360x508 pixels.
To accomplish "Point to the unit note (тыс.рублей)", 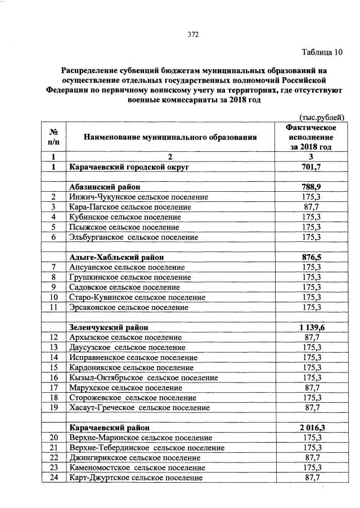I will (319, 117).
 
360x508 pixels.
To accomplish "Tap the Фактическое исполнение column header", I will (311, 137).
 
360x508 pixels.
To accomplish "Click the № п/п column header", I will (54, 137).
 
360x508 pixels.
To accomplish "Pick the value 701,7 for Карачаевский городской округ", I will (311, 167).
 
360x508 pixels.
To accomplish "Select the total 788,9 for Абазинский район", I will (311, 187).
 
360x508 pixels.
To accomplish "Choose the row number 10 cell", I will (54, 297).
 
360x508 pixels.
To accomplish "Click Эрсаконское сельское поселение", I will (128, 308).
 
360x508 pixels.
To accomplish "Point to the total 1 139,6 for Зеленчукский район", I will (311, 327).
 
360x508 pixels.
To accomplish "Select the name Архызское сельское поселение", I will (125, 338).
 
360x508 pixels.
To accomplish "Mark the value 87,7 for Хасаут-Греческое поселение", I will (311, 407).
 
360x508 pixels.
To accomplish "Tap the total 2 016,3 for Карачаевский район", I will (311, 427).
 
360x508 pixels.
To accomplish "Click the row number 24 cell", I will (54, 478).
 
